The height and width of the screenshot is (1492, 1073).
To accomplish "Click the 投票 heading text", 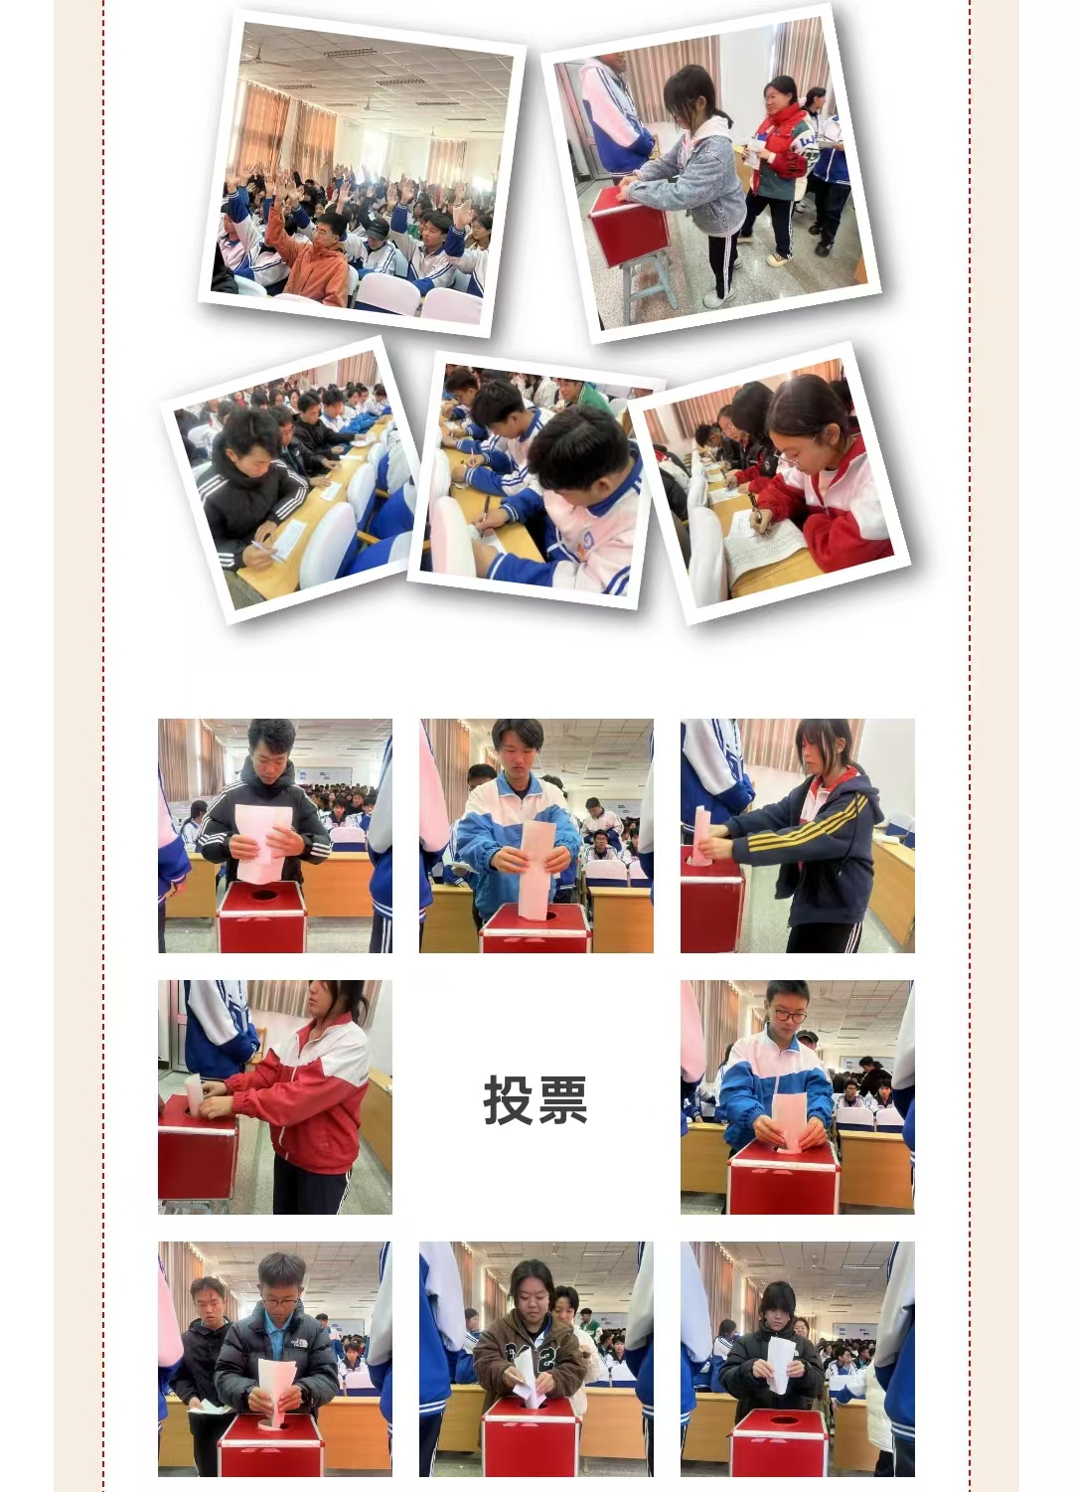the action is point(536,1099).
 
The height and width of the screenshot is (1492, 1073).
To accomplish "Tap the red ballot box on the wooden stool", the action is point(628,228).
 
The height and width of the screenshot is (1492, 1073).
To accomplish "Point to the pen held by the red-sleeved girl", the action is point(757,513).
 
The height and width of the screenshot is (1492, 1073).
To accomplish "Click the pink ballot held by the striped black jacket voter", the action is point(263,843).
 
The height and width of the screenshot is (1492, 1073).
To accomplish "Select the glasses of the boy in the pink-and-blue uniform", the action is point(790,1017).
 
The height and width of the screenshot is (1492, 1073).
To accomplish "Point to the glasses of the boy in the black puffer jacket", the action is point(279,1303).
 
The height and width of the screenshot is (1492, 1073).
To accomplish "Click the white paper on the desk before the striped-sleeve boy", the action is point(289,540).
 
